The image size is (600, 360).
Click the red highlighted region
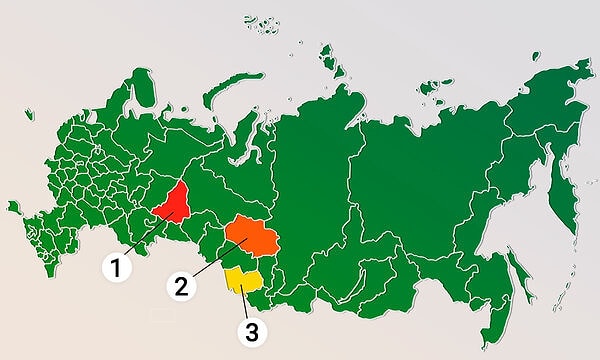pos(174,203)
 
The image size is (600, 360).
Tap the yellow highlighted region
pos(241,280)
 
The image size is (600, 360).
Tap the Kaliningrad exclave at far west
pos(14,208)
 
